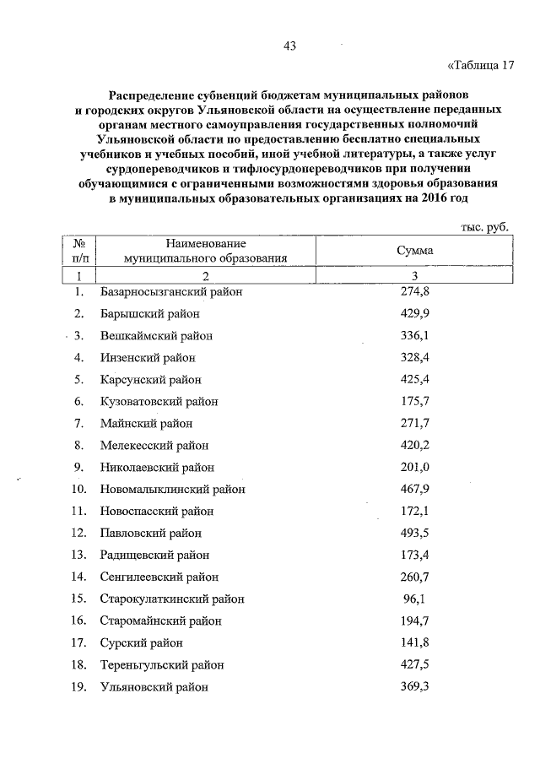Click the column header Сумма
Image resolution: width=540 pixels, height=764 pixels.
click(x=414, y=251)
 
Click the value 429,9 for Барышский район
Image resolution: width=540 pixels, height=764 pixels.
click(x=414, y=313)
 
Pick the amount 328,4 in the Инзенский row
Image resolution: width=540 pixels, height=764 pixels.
click(x=414, y=357)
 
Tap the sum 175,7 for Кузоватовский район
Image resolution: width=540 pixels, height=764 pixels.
click(x=414, y=401)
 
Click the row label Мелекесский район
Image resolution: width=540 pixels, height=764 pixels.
click(x=154, y=445)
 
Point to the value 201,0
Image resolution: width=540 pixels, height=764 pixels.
click(x=414, y=467)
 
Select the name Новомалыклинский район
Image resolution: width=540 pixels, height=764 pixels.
click(x=172, y=489)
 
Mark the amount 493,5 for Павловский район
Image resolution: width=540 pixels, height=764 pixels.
click(x=414, y=533)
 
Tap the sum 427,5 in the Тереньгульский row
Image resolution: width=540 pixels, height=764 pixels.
click(x=414, y=664)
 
